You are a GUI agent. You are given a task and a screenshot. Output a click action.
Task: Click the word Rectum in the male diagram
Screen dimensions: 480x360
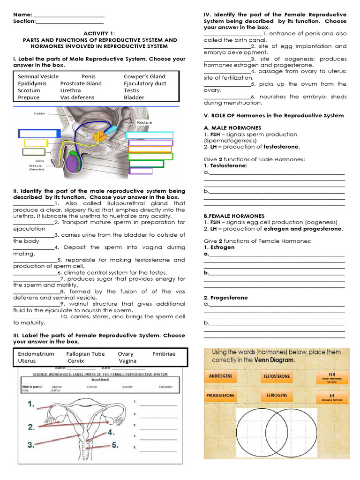coord(144,122)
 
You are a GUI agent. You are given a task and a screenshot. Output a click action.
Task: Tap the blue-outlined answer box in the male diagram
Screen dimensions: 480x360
coord(39,134)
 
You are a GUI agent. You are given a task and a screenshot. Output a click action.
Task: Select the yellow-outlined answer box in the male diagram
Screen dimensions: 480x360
coord(36,143)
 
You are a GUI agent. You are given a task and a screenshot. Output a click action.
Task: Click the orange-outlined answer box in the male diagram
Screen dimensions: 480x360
coord(150,150)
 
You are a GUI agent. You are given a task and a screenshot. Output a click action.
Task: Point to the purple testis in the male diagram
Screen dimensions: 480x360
coord(73,164)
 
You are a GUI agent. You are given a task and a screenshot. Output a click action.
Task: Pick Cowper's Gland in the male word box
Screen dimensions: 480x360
coord(144,76)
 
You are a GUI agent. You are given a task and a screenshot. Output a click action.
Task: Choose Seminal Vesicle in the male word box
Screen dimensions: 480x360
coord(38,76)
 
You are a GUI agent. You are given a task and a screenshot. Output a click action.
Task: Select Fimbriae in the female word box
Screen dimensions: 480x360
coord(164,354)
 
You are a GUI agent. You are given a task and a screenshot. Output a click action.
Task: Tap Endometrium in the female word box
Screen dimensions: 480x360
coord(36,354)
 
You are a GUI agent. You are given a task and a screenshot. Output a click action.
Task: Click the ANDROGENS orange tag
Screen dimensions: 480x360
coord(220,376)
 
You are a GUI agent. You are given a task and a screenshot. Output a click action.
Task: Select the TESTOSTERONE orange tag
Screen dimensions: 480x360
coord(277,376)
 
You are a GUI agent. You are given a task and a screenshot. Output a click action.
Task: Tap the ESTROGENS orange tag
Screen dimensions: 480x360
coord(277,395)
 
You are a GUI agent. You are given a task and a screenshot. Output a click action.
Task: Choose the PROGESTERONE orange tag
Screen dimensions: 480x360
coord(220,395)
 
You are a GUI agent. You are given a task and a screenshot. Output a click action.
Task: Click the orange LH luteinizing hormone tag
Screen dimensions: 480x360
coord(332,397)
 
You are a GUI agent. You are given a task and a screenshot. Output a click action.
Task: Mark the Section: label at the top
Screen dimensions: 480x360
coord(24,21)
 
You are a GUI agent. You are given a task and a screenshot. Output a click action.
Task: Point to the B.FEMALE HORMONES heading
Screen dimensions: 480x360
coord(228,216)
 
